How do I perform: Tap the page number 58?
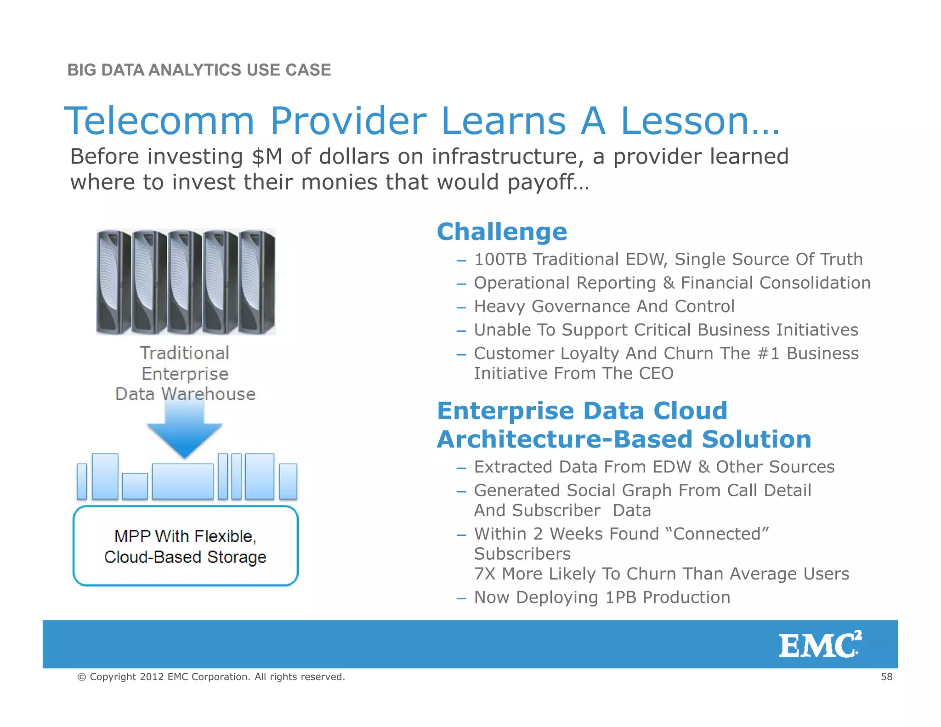(886, 676)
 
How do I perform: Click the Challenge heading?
(502, 232)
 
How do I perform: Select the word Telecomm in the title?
(159, 120)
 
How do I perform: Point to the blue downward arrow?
(185, 430)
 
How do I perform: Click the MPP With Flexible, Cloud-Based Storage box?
(185, 546)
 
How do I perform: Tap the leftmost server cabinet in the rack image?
(113, 282)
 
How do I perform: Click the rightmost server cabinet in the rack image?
(257, 282)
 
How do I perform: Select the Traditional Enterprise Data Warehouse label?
(185, 374)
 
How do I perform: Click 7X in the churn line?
(485, 574)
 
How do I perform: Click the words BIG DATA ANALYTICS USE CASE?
(199, 70)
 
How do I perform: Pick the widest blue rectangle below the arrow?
(182, 481)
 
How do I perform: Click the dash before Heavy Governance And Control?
(461, 307)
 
